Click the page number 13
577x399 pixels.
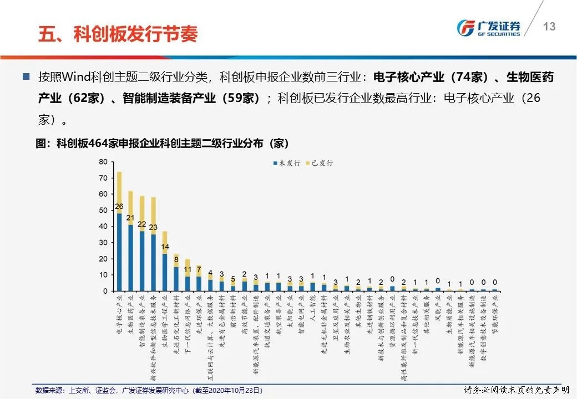[x=549, y=27]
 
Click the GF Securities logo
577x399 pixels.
[x=488, y=27]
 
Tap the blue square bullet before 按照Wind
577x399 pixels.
[x=26, y=76]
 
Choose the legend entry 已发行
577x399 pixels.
[x=318, y=163]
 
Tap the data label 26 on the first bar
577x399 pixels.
[x=119, y=207]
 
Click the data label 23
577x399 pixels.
[x=154, y=227]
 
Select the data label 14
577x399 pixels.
[x=165, y=247]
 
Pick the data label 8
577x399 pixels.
[x=176, y=259]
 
